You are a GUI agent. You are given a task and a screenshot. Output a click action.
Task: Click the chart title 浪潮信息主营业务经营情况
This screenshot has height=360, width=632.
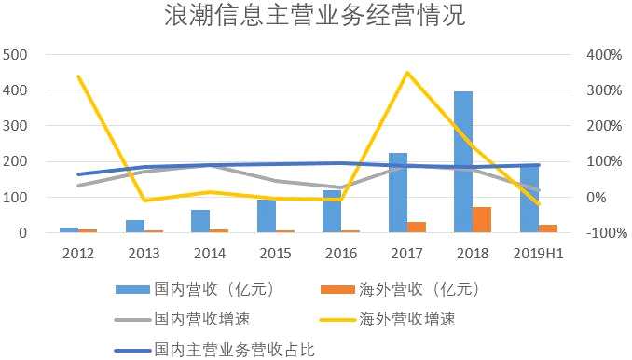point(315,15)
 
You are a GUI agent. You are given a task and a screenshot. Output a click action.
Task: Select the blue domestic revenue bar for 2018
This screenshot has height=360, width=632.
point(463,162)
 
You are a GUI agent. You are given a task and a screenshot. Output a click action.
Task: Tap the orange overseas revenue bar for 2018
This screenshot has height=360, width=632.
point(482,220)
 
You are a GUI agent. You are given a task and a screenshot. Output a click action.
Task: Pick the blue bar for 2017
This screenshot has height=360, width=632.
point(398,193)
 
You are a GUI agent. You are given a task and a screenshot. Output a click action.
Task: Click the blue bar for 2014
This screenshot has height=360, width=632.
point(200,221)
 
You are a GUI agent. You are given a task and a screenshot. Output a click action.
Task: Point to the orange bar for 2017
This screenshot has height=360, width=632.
point(417,228)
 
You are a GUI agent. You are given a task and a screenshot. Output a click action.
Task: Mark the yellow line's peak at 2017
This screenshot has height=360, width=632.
point(407,73)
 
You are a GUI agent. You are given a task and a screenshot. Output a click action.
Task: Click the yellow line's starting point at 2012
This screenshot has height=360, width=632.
point(78,76)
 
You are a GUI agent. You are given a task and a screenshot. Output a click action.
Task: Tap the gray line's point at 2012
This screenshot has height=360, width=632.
point(78,186)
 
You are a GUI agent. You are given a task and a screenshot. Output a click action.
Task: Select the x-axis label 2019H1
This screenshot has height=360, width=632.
point(539,254)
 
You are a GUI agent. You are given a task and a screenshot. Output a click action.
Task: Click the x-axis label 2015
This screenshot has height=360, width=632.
point(275,254)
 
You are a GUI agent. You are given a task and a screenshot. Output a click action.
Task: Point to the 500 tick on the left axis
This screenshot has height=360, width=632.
point(15,54)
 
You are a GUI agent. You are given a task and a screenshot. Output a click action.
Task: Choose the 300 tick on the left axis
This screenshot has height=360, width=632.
point(15,126)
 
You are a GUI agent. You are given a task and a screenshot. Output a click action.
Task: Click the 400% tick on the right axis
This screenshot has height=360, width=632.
point(604,54)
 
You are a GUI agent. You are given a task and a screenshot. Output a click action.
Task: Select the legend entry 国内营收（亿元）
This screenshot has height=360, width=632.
point(195,289)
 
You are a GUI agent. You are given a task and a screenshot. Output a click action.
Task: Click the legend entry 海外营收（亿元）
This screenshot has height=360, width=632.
point(400,289)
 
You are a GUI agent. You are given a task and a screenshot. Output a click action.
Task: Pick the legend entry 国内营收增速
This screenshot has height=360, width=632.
point(182,319)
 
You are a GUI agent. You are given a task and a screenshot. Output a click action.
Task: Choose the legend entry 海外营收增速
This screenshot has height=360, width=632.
point(388,319)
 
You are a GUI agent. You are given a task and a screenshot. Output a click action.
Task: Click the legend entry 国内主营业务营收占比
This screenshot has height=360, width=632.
point(214,350)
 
